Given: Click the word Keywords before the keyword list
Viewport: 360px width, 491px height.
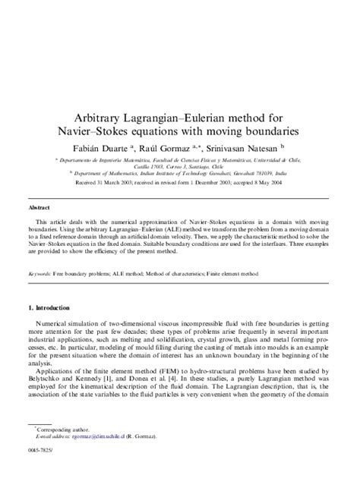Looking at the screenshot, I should pyautogui.click(x=39, y=273).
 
